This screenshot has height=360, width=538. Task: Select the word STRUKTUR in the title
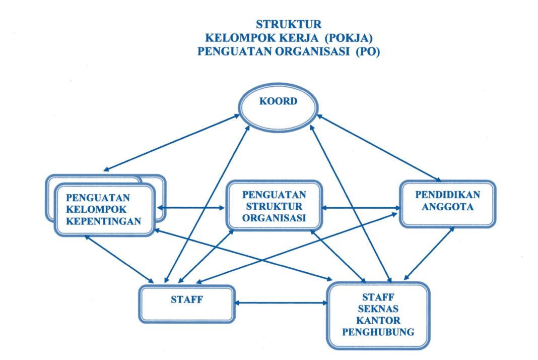[289, 24]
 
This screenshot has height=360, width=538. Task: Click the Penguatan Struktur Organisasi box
[274, 206]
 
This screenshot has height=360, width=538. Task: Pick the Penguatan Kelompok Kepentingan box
[104, 209]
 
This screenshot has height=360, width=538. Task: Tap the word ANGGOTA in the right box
[448, 206]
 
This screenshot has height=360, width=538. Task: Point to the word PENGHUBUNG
[378, 332]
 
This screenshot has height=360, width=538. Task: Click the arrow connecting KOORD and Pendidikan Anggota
[378, 148]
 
